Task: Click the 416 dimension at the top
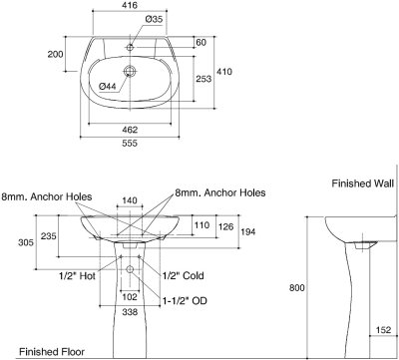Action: [x=130, y=5]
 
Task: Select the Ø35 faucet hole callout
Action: [x=154, y=19]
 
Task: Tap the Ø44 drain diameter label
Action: [x=108, y=86]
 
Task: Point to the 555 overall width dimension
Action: [x=130, y=143]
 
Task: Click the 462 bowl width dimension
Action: [x=130, y=130]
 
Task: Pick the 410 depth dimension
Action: [x=224, y=72]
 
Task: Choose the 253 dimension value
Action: [x=203, y=79]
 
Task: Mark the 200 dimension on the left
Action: [x=55, y=54]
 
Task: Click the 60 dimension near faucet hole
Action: [x=200, y=42]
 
